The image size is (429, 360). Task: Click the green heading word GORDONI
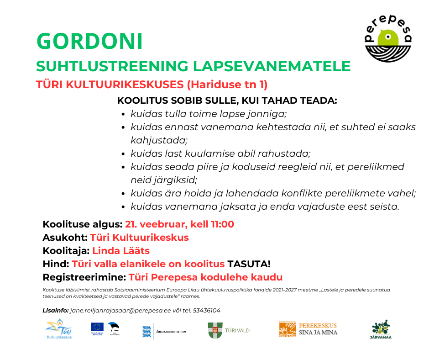[89, 42]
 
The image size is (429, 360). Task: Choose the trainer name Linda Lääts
[121, 251]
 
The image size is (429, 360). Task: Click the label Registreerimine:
[84, 277]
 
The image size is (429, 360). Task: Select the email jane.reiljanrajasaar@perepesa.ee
[126, 311]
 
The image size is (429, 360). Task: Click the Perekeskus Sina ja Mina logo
[308, 329]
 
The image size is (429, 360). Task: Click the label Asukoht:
[64, 238]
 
